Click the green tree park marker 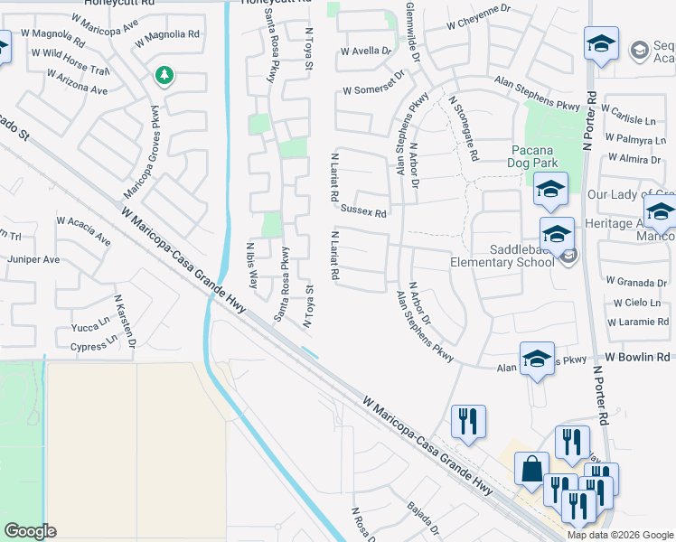point(164,76)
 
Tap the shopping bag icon point(531,469)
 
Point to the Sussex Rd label point(363,213)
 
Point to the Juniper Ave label point(33,259)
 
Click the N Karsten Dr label point(124,321)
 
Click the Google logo point(30,531)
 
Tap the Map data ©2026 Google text point(620,535)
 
